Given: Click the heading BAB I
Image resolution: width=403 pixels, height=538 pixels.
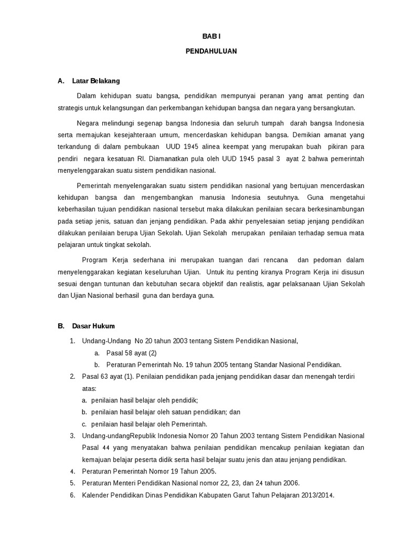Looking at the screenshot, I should click(x=211, y=36).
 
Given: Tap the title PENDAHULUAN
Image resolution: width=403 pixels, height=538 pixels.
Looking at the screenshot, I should click(x=211, y=51).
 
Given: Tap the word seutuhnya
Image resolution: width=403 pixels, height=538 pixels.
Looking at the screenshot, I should click(x=283, y=198).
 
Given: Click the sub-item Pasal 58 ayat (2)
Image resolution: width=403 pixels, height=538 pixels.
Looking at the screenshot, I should click(x=131, y=353).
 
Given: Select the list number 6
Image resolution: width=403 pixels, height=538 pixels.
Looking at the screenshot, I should click(x=72, y=495).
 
